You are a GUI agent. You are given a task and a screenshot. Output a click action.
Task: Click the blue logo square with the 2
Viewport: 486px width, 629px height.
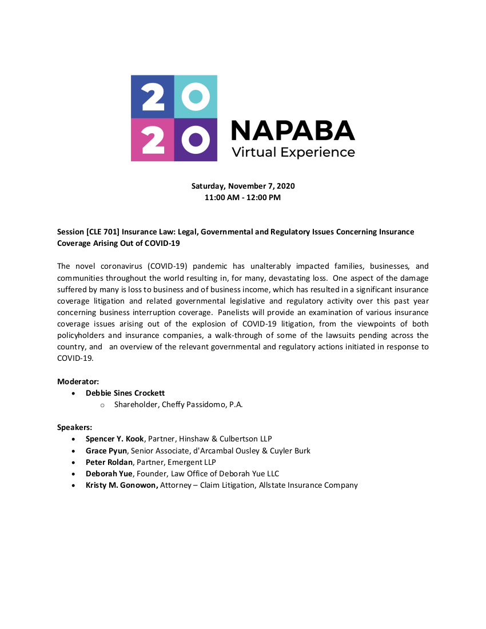pyautogui.click(x=152, y=97)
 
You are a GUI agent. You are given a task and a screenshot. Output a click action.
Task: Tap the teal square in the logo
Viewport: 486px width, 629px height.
pyautogui.click(x=196, y=97)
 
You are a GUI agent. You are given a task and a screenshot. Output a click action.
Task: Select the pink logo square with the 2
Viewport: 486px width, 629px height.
pyautogui.click(x=152, y=140)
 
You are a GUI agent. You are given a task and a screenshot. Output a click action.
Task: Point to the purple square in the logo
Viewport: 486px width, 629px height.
pyautogui.click(x=196, y=140)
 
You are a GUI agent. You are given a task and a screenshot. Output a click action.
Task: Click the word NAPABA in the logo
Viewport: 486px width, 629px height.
pyautogui.click(x=292, y=130)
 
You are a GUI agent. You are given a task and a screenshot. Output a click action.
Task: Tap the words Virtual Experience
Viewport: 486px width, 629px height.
pyautogui.click(x=293, y=153)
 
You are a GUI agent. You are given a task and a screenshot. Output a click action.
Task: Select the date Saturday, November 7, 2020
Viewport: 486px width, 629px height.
pyautogui.click(x=243, y=186)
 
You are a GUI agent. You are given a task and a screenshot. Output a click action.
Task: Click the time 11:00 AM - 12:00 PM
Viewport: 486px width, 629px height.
pyautogui.click(x=243, y=198)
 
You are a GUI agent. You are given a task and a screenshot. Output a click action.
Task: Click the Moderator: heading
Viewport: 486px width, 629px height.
pyautogui.click(x=78, y=381)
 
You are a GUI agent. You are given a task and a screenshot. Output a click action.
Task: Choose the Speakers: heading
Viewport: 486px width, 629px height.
pyautogui.click(x=75, y=427)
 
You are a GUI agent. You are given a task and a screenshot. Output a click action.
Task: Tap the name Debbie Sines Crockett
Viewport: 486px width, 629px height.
pyautogui.click(x=125, y=393)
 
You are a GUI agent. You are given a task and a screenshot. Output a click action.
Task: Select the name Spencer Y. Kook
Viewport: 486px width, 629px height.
pyautogui.click(x=114, y=439)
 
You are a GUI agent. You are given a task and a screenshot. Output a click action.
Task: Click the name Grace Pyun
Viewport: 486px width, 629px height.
pyautogui.click(x=106, y=451)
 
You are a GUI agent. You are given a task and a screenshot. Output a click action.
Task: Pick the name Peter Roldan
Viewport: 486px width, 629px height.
pyautogui.click(x=109, y=462)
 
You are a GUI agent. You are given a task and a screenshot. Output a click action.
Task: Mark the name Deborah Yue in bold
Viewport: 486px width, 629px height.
pyautogui.click(x=108, y=473)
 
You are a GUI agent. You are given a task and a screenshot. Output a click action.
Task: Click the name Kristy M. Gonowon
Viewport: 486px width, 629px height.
pyautogui.click(x=122, y=485)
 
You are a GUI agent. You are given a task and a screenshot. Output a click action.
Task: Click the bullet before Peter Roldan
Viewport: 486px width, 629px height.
pyautogui.click(x=74, y=462)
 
